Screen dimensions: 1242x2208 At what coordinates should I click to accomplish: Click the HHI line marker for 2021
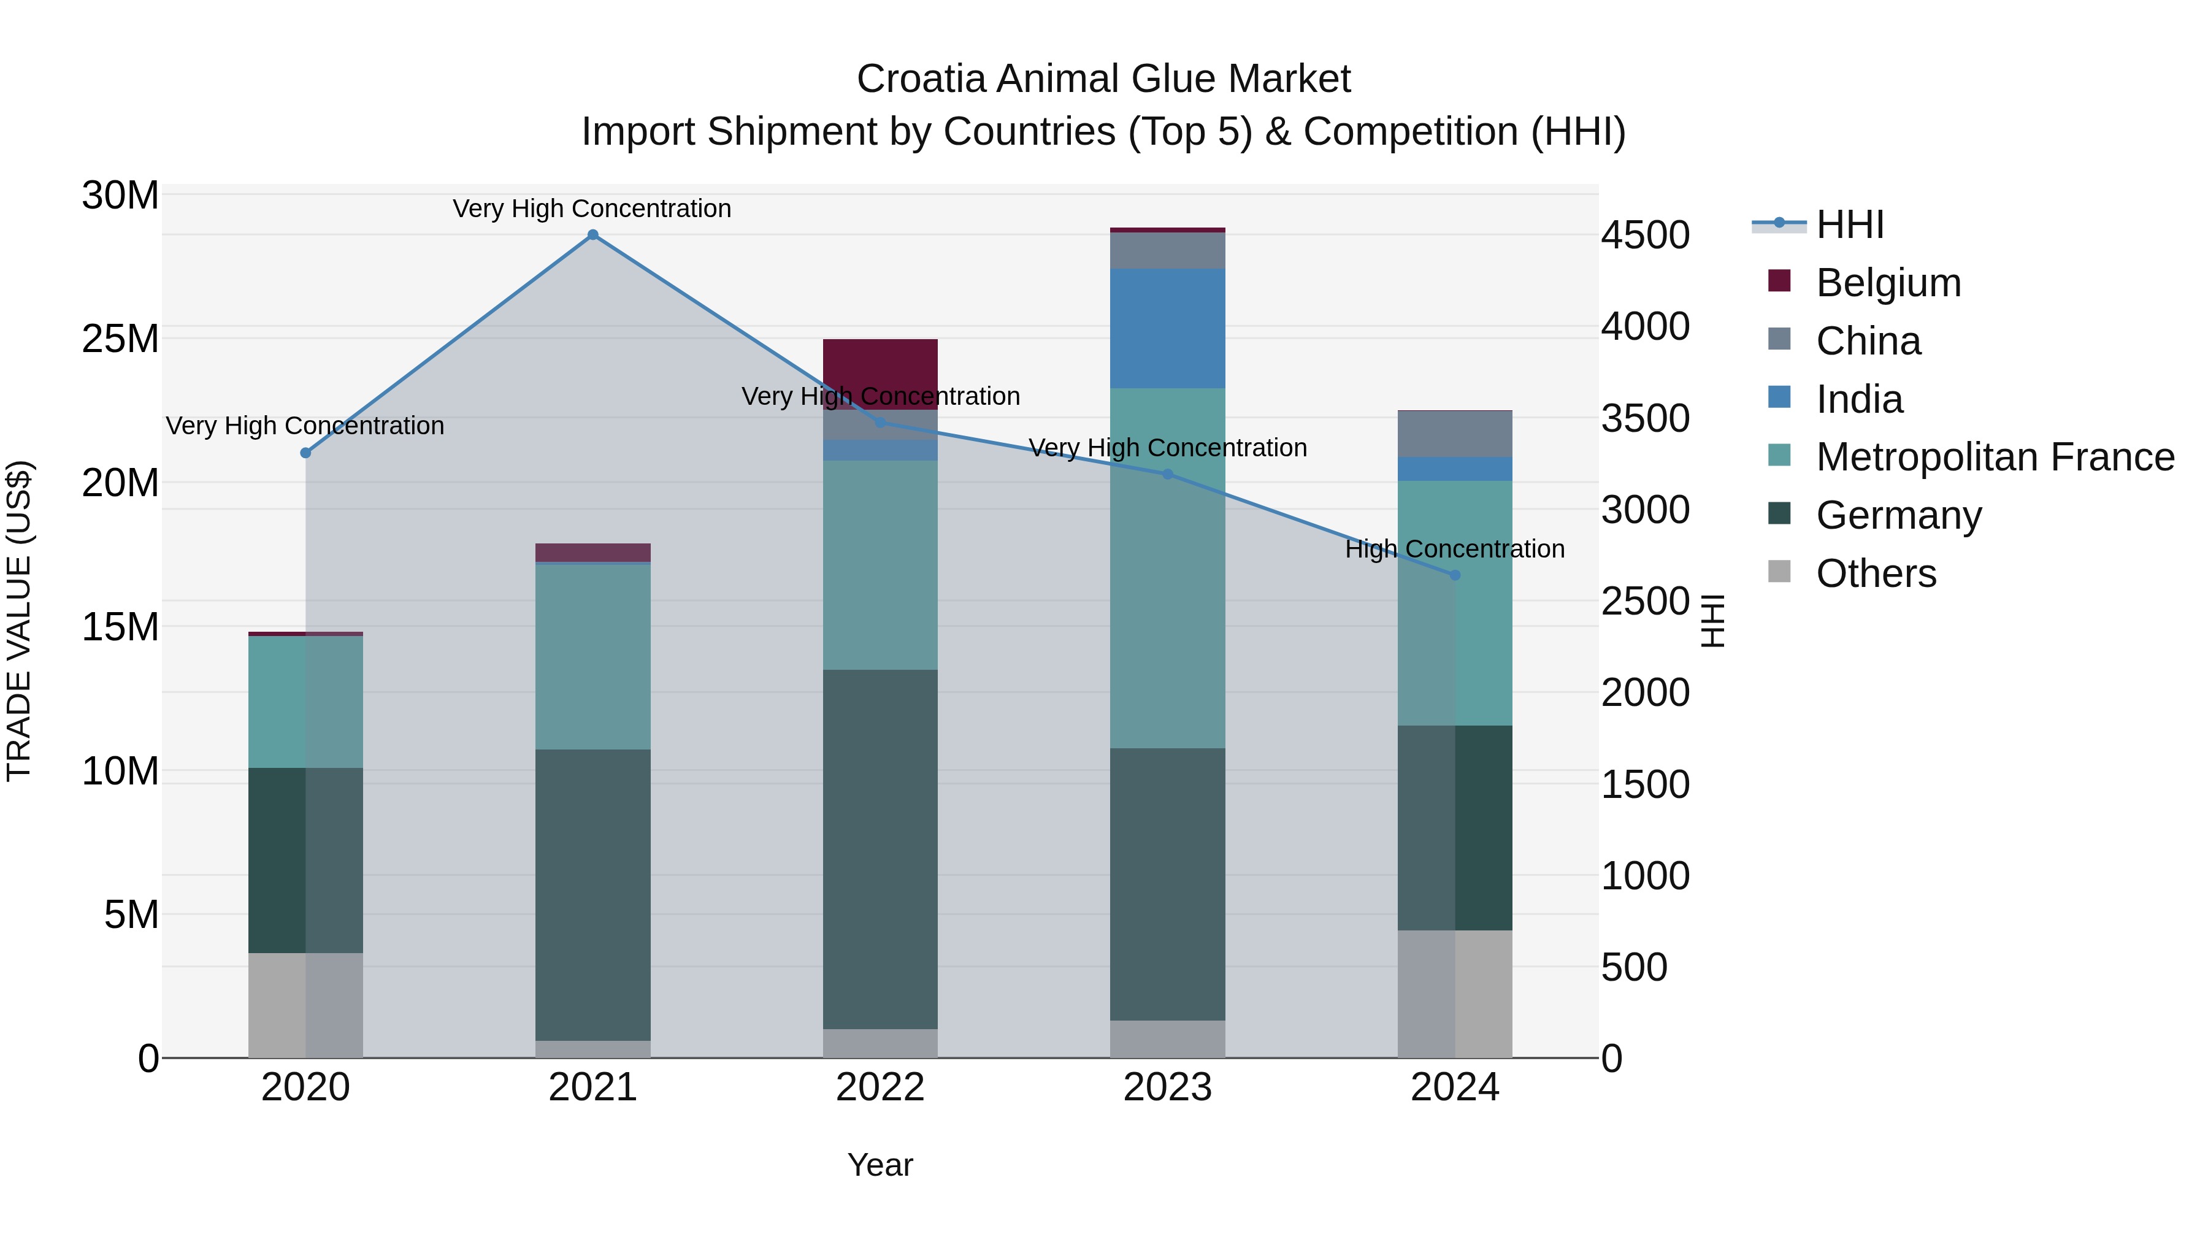coord(592,235)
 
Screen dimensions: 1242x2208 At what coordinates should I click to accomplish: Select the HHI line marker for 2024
coord(1455,575)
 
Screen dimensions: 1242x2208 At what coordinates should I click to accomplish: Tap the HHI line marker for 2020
coord(305,453)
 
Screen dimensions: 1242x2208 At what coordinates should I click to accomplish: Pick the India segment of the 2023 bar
coord(1167,328)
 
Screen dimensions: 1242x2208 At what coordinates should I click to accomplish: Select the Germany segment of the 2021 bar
coord(592,894)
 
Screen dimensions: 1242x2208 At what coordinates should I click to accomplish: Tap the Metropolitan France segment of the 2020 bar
coord(305,701)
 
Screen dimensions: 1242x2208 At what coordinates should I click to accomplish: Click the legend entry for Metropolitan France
coord(1995,457)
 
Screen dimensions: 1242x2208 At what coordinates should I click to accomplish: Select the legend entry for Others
coord(1876,573)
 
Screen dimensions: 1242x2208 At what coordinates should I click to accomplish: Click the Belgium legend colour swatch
coord(1779,281)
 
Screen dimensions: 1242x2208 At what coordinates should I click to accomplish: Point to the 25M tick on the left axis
coord(120,339)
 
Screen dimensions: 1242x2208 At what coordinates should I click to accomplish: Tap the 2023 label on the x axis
coord(1167,1087)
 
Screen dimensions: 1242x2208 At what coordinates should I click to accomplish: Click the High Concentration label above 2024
coord(1455,548)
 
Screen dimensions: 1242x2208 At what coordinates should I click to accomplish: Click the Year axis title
coord(880,1165)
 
